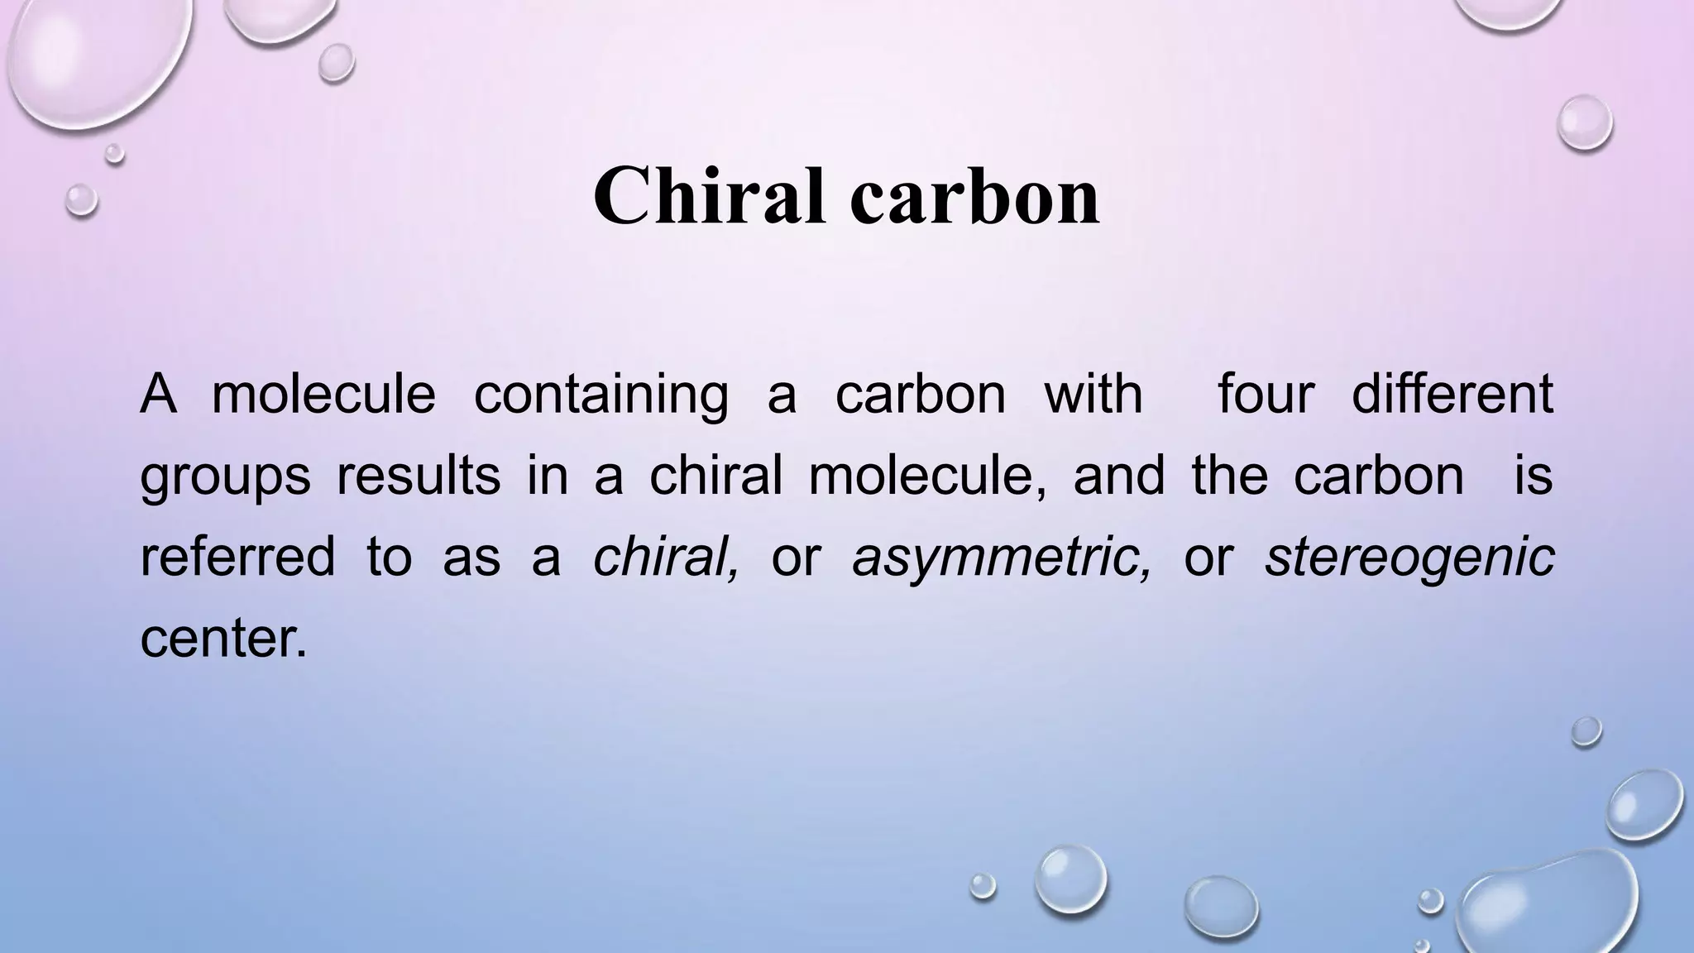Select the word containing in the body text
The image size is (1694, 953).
tap(601, 394)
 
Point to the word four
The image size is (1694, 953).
tap(1266, 394)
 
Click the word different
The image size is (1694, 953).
tap(1452, 394)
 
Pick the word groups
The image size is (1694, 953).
tap(225, 476)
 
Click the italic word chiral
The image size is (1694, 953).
tap(665, 556)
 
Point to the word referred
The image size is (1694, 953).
tap(237, 556)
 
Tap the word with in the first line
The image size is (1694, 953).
tap(1093, 394)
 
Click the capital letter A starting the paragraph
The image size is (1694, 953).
tap(158, 394)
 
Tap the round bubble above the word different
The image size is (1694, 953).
tap(1584, 123)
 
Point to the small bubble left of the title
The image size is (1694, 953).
tap(81, 199)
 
